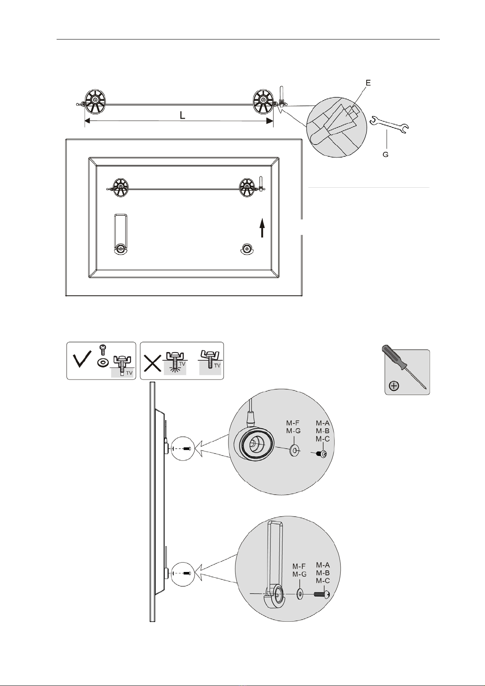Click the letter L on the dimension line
(182, 115)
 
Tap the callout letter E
(368, 83)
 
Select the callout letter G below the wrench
(385, 155)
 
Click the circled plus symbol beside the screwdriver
(394, 386)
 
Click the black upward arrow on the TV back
(262, 228)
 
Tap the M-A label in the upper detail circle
(323, 423)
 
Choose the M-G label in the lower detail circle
(299, 574)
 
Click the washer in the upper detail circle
(295, 451)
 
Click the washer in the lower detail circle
(299, 594)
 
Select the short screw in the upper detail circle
(321, 454)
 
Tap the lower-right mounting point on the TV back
(247, 249)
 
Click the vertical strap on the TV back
(120, 234)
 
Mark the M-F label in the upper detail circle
(293, 423)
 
